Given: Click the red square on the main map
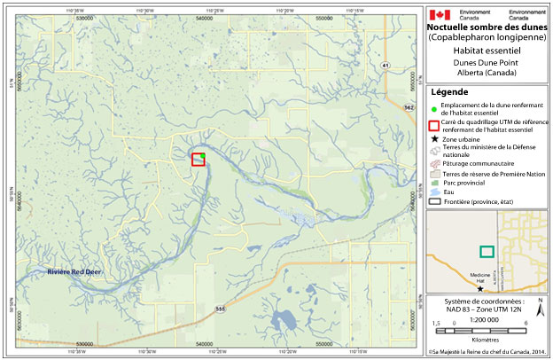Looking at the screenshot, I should tap(199, 159).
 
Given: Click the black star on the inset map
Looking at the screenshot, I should tap(481, 288).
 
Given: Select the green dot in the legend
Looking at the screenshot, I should tap(434, 106).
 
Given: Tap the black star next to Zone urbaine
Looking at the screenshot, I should tap(434, 140).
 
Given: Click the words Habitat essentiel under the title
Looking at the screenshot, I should tap(484, 52).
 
